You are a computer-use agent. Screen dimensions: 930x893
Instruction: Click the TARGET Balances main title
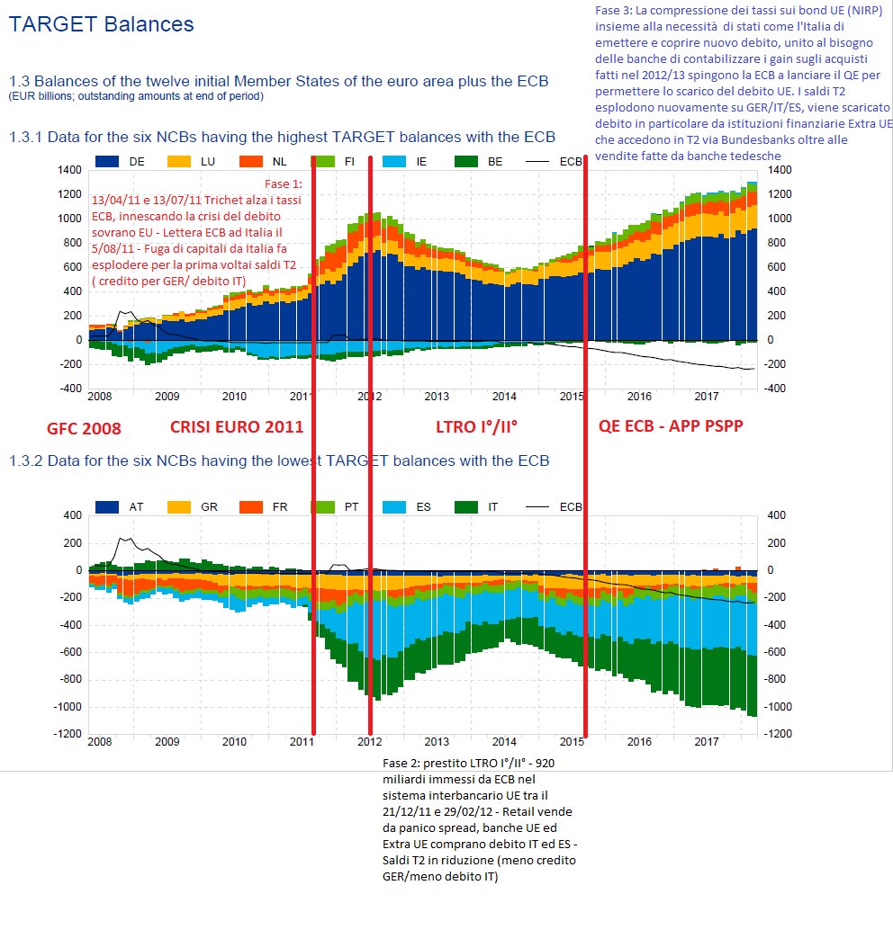101,24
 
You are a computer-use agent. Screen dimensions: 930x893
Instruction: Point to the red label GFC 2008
84,428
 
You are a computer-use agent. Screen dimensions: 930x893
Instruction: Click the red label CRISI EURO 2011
237,427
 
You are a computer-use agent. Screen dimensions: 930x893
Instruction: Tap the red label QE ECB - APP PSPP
672,427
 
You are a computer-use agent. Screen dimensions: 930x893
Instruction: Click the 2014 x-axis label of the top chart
504,396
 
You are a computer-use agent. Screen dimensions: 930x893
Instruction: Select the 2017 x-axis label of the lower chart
707,742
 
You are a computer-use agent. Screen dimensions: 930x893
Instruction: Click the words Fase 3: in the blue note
608,10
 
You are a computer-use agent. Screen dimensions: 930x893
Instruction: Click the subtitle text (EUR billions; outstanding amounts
136,96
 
